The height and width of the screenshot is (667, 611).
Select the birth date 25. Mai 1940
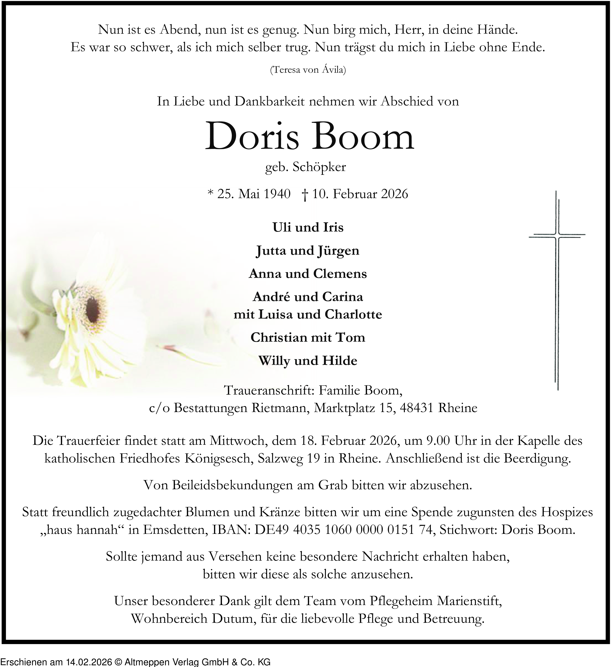point(254,194)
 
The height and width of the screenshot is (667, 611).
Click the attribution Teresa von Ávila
point(308,70)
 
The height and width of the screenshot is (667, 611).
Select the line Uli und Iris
point(308,227)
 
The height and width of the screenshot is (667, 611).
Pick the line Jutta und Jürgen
point(308,251)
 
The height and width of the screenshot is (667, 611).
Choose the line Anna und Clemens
point(308,274)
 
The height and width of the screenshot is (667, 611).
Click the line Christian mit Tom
point(308,337)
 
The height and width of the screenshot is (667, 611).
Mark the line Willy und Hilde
point(308,360)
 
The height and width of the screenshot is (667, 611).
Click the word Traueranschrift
point(269,391)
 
